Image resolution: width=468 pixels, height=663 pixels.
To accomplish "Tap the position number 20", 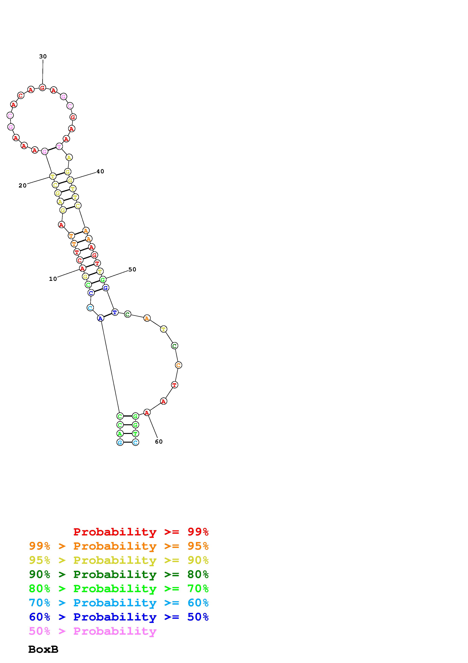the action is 22,185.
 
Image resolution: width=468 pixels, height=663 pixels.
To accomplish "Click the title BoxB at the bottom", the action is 43,649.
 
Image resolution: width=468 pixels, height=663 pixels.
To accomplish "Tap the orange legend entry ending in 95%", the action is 119,546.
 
